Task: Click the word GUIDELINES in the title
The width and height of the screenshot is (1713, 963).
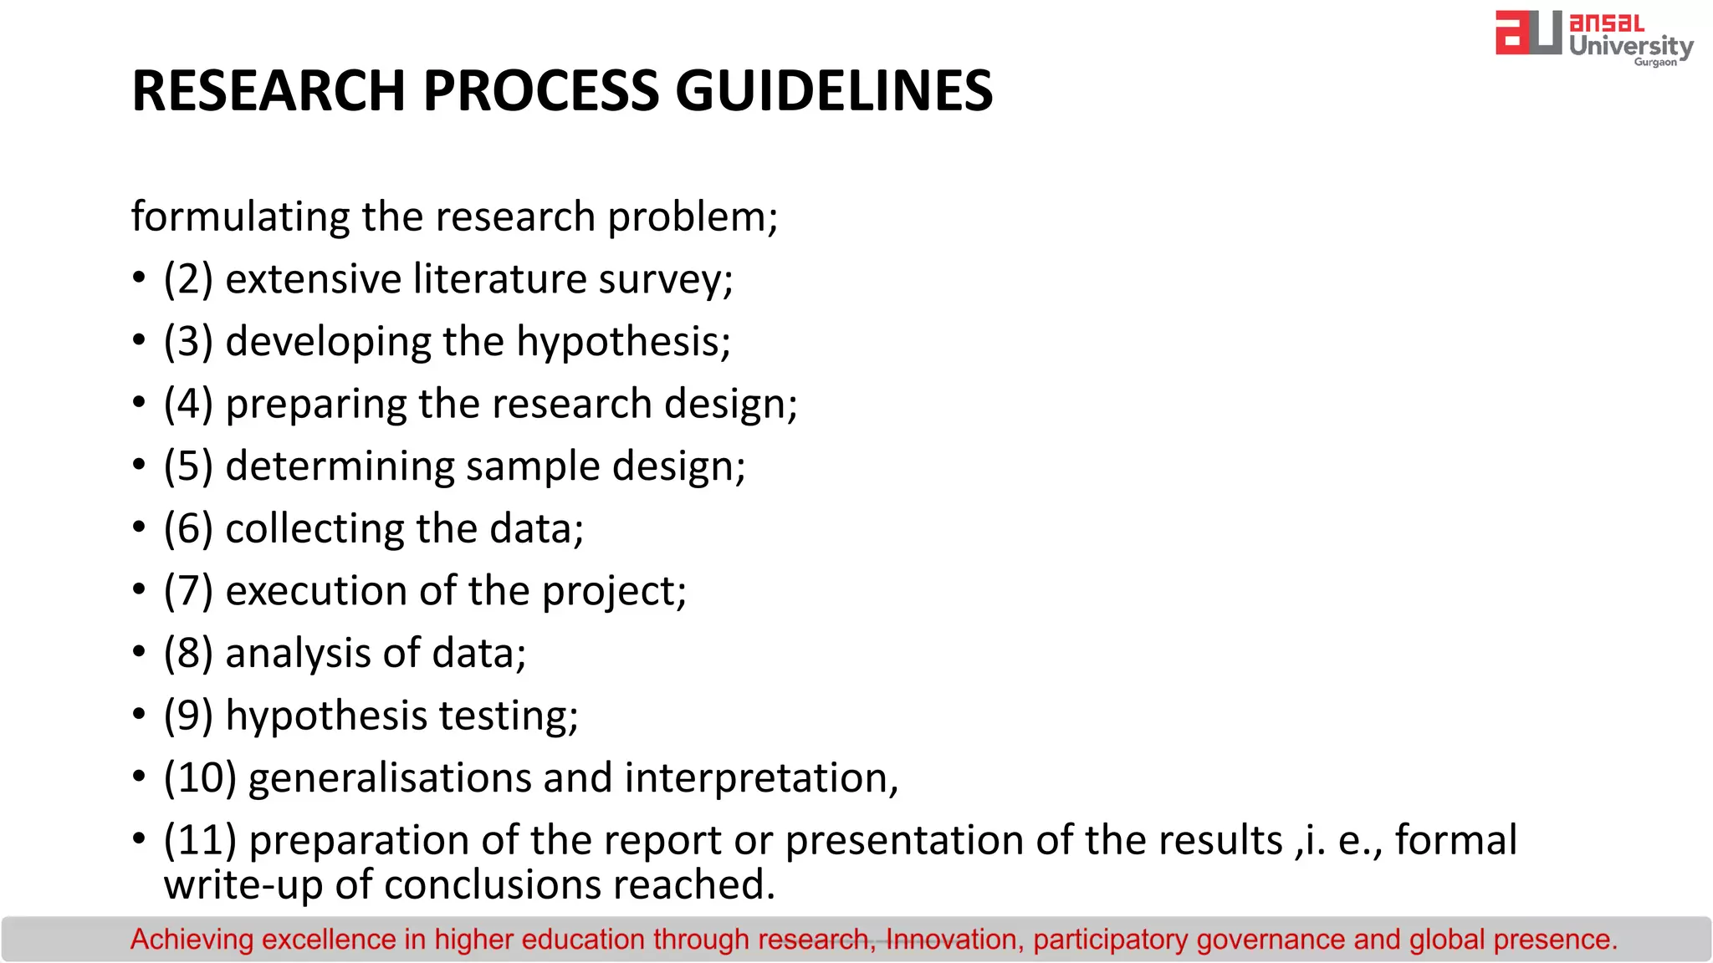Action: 833,90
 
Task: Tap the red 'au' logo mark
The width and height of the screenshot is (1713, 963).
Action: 1527,33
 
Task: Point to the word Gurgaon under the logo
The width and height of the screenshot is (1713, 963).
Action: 1655,63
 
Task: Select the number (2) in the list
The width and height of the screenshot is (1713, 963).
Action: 188,279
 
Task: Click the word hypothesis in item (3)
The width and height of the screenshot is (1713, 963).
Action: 622,342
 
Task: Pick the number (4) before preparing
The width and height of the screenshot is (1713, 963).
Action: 188,404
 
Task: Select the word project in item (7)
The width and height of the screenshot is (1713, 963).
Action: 613,592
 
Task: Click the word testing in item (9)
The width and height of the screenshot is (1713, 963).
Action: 508,716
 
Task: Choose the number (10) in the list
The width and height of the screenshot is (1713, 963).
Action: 200,778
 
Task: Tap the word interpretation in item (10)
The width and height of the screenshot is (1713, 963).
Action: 760,778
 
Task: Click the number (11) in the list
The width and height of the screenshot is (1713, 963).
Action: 200,840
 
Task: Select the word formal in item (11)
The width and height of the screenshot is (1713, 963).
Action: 1455,840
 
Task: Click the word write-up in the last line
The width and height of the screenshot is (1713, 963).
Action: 243,885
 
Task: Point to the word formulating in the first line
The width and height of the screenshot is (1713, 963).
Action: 240,217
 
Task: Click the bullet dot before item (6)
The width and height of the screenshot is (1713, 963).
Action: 139,527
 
